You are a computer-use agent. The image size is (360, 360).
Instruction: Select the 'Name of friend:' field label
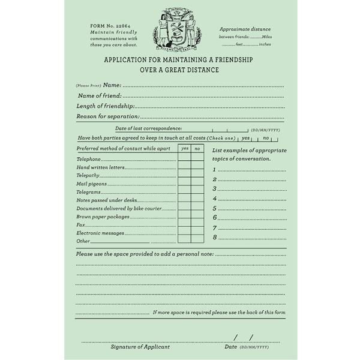(x=100, y=95)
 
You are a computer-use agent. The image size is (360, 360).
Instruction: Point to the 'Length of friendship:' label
(x=105, y=106)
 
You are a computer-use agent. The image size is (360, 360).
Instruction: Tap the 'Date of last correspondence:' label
(x=148, y=128)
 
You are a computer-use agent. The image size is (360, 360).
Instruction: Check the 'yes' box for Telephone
(x=184, y=158)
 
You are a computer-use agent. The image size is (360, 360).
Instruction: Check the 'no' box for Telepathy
(x=197, y=175)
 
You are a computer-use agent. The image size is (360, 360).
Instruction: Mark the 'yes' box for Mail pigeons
(x=184, y=183)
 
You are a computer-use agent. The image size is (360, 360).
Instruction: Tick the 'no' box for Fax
(x=197, y=224)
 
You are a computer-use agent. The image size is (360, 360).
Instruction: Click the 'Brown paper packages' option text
(x=103, y=216)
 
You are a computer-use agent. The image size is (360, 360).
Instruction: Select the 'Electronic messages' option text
(x=100, y=233)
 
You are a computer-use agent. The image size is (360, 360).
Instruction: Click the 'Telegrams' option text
(x=88, y=191)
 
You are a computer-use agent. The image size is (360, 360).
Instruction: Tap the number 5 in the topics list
(x=214, y=208)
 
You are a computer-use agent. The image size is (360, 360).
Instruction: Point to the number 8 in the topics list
(x=214, y=238)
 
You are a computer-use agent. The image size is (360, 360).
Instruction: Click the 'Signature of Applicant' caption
(x=140, y=347)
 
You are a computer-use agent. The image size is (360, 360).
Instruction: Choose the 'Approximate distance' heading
(x=245, y=29)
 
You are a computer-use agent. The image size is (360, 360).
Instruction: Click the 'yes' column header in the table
(x=184, y=148)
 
